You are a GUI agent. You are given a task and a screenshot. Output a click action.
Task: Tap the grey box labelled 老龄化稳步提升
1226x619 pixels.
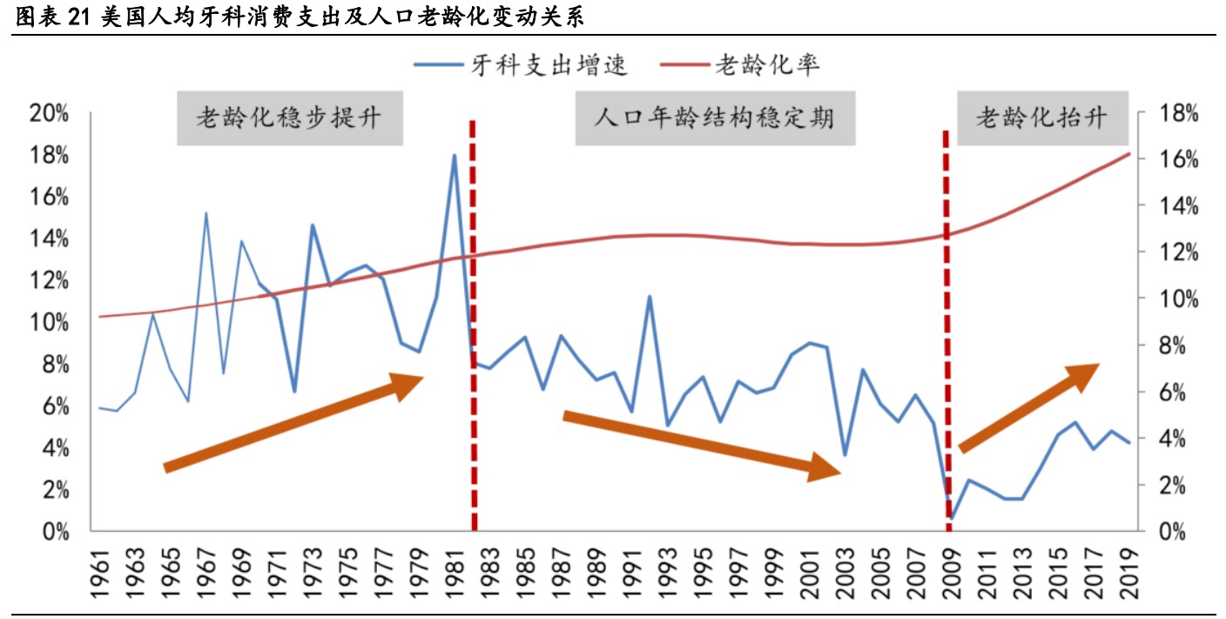pyautogui.click(x=289, y=118)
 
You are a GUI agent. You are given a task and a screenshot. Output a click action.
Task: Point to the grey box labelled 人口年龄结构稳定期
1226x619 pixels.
pyautogui.click(x=714, y=118)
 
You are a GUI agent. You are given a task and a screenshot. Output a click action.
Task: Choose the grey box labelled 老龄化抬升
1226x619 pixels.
pyautogui.click(x=1041, y=118)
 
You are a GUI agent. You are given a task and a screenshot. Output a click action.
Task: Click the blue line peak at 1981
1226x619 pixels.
pyautogui.click(x=454, y=156)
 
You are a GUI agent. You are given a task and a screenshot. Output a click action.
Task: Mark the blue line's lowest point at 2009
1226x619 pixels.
pyautogui.click(x=952, y=518)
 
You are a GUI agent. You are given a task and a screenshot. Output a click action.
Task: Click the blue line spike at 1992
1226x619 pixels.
pyautogui.click(x=649, y=297)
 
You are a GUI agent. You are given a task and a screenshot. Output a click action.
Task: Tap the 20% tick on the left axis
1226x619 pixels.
pyautogui.click(x=49, y=114)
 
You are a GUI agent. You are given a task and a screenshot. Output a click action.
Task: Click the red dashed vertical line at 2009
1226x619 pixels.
pyautogui.click(x=946, y=331)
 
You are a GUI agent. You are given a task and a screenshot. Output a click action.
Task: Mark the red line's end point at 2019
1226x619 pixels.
pyautogui.click(x=1129, y=154)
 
